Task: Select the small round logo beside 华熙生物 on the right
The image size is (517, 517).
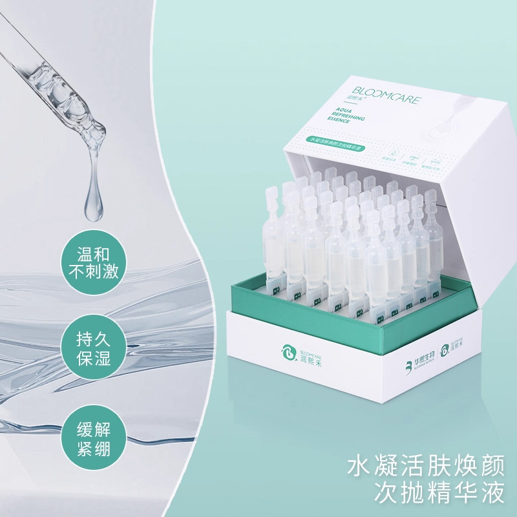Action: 445,352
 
